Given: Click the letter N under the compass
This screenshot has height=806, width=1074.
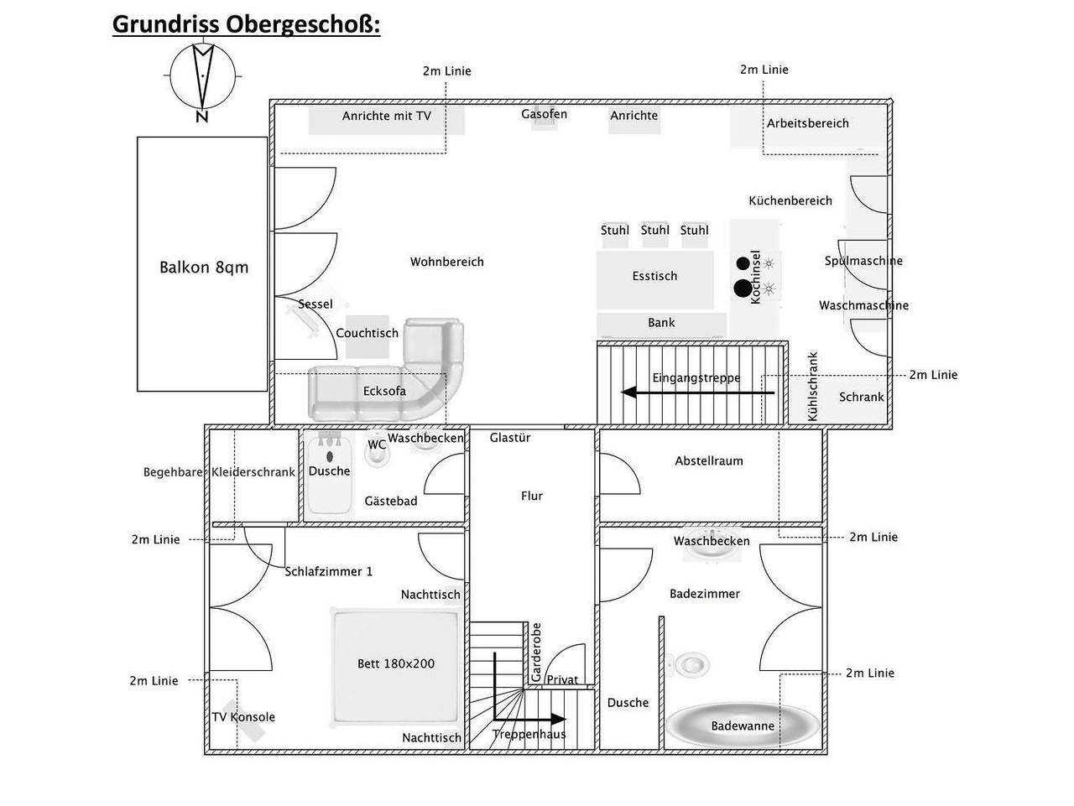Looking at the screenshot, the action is tap(201, 117).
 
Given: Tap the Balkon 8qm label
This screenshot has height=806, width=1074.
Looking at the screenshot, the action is tap(204, 268).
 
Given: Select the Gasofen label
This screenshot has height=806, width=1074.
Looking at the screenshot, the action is tap(544, 114).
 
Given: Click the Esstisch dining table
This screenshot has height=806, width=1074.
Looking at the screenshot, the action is tap(654, 280).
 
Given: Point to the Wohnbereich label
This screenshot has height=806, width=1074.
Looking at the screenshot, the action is tap(446, 262).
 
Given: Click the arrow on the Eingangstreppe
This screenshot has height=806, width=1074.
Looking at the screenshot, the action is tap(698, 393).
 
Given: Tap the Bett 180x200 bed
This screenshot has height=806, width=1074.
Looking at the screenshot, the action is tap(396, 668).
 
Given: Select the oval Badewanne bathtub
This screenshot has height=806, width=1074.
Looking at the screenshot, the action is tap(743, 725).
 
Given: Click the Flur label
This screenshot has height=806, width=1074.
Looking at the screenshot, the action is tap(532, 496).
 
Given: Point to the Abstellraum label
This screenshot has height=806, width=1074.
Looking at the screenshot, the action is tap(708, 460).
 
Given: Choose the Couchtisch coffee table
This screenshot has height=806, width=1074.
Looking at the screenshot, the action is tap(367, 336).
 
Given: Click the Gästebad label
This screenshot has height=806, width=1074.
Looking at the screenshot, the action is tap(391, 501).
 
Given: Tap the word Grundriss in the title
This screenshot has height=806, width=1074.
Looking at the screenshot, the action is tap(165, 24).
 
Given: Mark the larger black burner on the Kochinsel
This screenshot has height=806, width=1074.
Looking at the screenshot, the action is tap(743, 289).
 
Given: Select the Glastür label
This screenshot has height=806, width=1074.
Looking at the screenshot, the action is tap(510, 437).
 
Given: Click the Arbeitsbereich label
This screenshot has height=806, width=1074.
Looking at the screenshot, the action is tap(807, 123).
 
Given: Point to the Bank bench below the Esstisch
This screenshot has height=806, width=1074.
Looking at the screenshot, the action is tap(661, 325).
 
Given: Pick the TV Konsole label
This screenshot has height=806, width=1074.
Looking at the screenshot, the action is tap(243, 717).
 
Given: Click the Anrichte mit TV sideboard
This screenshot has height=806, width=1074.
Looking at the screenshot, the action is tap(387, 120).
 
